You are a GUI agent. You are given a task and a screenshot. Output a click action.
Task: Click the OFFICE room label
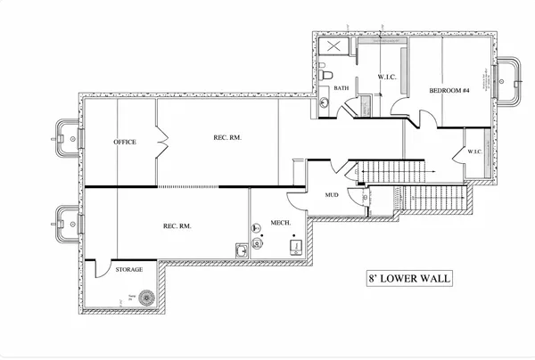pos(124,142)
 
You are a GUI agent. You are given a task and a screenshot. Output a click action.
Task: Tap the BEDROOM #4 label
pos(449,91)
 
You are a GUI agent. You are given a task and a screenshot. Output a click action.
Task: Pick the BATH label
pos(342,88)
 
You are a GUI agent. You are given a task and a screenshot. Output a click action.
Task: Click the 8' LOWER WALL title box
pos(408,278)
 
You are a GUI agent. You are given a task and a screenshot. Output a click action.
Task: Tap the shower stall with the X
pos(336,49)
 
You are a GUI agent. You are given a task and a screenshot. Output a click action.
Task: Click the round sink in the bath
pos(325,105)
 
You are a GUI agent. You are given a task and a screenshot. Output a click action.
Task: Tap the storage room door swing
pos(97,268)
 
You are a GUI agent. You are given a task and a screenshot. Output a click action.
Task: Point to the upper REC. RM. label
pos(227,137)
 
